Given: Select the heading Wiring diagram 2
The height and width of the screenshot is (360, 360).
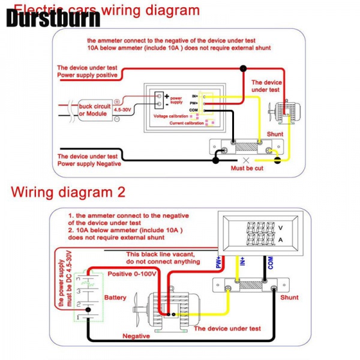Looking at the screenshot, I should [68, 193].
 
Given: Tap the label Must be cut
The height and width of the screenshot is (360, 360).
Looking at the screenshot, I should [247, 169].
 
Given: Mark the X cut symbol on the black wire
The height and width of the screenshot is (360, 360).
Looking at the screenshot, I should [247, 160].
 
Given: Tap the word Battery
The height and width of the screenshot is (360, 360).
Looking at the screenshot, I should [115, 298].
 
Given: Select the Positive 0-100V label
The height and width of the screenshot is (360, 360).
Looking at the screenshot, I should [133, 274].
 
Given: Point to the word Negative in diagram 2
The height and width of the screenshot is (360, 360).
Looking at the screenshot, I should [136, 337].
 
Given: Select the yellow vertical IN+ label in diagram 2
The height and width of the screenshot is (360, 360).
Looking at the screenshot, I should [242, 260].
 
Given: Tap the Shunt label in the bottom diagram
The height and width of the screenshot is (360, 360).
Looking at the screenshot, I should [289, 297].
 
